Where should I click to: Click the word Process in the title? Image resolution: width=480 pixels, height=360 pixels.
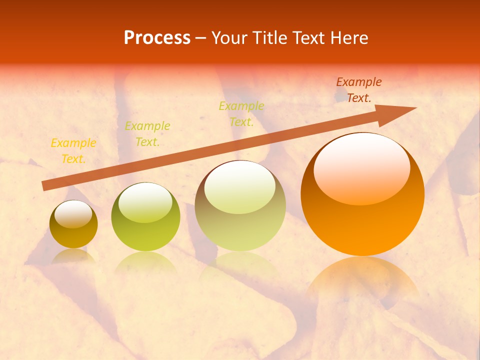click(x=157, y=38)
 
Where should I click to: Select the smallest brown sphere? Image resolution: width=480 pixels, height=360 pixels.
click(x=73, y=224)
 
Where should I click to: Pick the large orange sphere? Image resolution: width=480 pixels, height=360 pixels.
click(x=362, y=194)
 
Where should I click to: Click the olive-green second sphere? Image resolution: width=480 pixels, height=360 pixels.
click(x=145, y=216)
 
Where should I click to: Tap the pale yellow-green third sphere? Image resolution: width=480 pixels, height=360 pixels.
click(x=240, y=206)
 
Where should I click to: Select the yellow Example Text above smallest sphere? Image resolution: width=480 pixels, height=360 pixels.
click(x=73, y=151)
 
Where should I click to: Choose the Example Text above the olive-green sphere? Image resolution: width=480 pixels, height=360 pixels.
click(x=147, y=134)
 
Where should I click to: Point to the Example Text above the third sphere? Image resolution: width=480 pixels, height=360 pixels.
click(x=241, y=113)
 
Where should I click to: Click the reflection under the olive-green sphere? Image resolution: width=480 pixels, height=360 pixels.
click(x=145, y=262)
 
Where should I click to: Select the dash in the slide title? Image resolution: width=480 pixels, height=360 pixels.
click(x=201, y=38)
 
